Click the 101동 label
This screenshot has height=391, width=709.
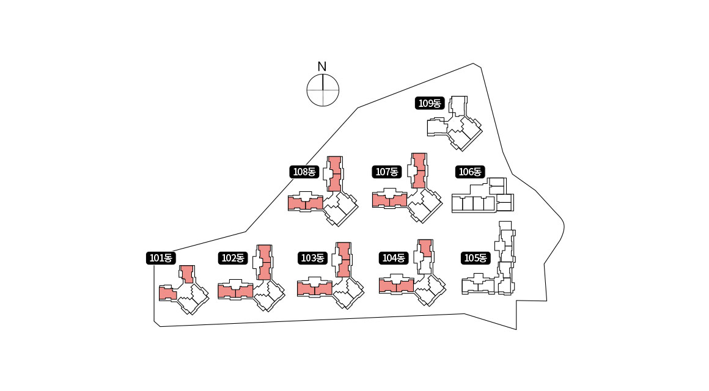tap(161, 258)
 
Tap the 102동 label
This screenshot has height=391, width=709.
tap(232, 258)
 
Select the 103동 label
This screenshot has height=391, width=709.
tap(312, 258)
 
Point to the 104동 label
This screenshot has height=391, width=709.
tap(394, 258)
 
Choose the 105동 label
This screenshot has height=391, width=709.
tap(475, 258)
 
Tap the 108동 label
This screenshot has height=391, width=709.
tap(304, 172)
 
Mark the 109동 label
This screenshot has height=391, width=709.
tap(429, 103)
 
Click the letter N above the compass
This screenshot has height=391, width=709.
tap(322, 66)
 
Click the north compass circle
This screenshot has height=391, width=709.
tap(322, 90)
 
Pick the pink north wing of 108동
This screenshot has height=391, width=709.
tap(334, 174)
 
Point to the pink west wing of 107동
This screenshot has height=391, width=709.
tap(389, 200)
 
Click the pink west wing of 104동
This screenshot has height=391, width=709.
tap(396, 285)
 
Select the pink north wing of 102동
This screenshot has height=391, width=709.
tap(264, 261)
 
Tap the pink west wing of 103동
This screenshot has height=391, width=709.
tap(314, 288)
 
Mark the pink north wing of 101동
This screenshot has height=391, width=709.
tap(187, 274)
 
